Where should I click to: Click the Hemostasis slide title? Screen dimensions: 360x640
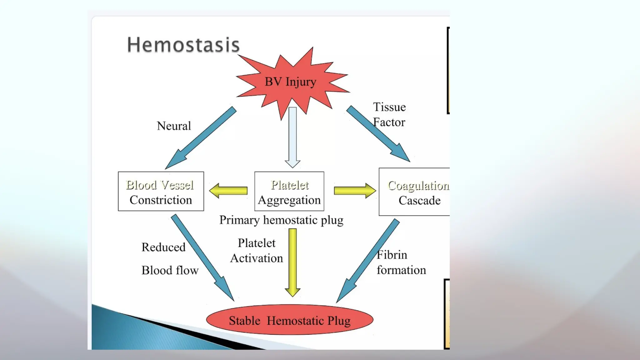click(183, 45)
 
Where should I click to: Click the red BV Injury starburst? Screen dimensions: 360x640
click(291, 82)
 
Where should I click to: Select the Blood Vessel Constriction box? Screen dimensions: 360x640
click(161, 192)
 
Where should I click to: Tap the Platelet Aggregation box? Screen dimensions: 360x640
click(289, 192)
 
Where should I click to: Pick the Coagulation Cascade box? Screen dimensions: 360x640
click(414, 192)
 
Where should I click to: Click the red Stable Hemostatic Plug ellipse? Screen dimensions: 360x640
click(290, 320)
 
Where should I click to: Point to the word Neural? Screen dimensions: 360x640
click(174, 126)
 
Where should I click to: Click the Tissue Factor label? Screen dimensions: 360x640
click(389, 114)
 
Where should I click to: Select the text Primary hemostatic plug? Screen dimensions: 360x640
click(281, 220)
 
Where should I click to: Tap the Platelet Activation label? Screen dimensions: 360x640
click(257, 251)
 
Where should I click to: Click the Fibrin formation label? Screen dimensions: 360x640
click(401, 262)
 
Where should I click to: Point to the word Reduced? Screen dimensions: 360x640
click(163, 247)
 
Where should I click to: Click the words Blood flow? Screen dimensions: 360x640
click(170, 270)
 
